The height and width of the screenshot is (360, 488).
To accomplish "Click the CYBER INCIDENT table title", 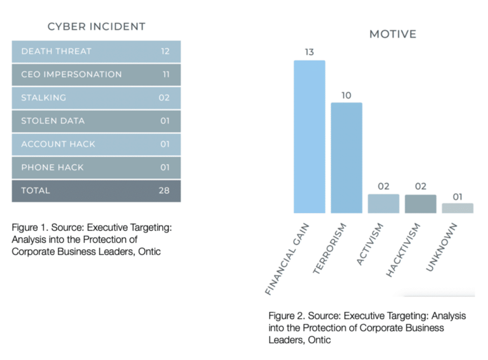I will [96, 27].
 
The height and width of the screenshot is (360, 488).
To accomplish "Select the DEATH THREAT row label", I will [56, 51].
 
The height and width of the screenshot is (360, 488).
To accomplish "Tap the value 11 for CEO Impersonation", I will [165, 74].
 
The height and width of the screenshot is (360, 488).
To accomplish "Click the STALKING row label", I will [43, 98].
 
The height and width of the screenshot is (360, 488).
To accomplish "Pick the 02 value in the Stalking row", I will [164, 98].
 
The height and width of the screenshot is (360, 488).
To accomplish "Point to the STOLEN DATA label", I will [52, 121].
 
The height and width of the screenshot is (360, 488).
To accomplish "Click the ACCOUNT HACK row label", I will [58, 144].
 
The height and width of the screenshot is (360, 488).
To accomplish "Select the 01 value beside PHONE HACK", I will [165, 167].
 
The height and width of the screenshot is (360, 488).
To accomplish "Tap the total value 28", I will [164, 190].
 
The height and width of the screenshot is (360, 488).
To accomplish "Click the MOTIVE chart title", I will [393, 34].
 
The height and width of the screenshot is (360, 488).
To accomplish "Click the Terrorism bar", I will [346, 158].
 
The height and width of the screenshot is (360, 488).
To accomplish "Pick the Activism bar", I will [383, 204].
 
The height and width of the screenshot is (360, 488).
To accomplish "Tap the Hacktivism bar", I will [420, 204].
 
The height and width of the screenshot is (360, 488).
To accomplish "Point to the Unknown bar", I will [457, 208].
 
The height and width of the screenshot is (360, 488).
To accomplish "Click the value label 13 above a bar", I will [309, 52].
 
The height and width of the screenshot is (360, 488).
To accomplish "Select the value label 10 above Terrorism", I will [346, 95].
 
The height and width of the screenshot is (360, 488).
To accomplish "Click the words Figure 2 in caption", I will [285, 316].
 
